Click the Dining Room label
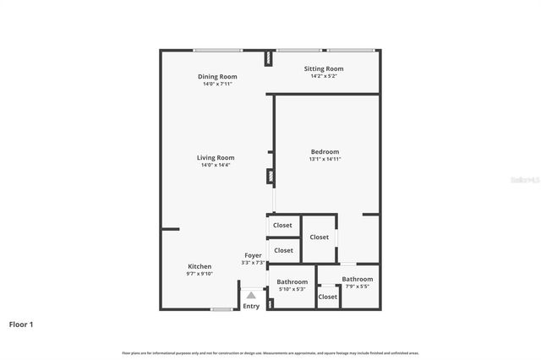click(x=216, y=76)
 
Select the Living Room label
click(x=216, y=157)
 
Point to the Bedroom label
click(x=325, y=152)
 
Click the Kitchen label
click(x=199, y=266)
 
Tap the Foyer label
click(x=254, y=255)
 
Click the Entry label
click(x=251, y=306)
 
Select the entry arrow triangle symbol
click(x=251, y=295)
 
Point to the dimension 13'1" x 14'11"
click(x=325, y=159)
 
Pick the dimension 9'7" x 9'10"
click(x=199, y=273)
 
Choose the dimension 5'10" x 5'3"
click(x=292, y=290)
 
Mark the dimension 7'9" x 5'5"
click(x=358, y=286)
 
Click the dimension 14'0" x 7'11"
click(x=216, y=84)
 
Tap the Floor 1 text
click(x=21, y=324)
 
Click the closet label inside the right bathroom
click(x=328, y=297)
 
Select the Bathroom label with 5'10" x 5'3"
click(x=292, y=282)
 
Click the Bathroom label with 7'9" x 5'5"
click(x=358, y=279)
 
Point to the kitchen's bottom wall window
click(x=221, y=309)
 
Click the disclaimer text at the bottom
click(x=270, y=352)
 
